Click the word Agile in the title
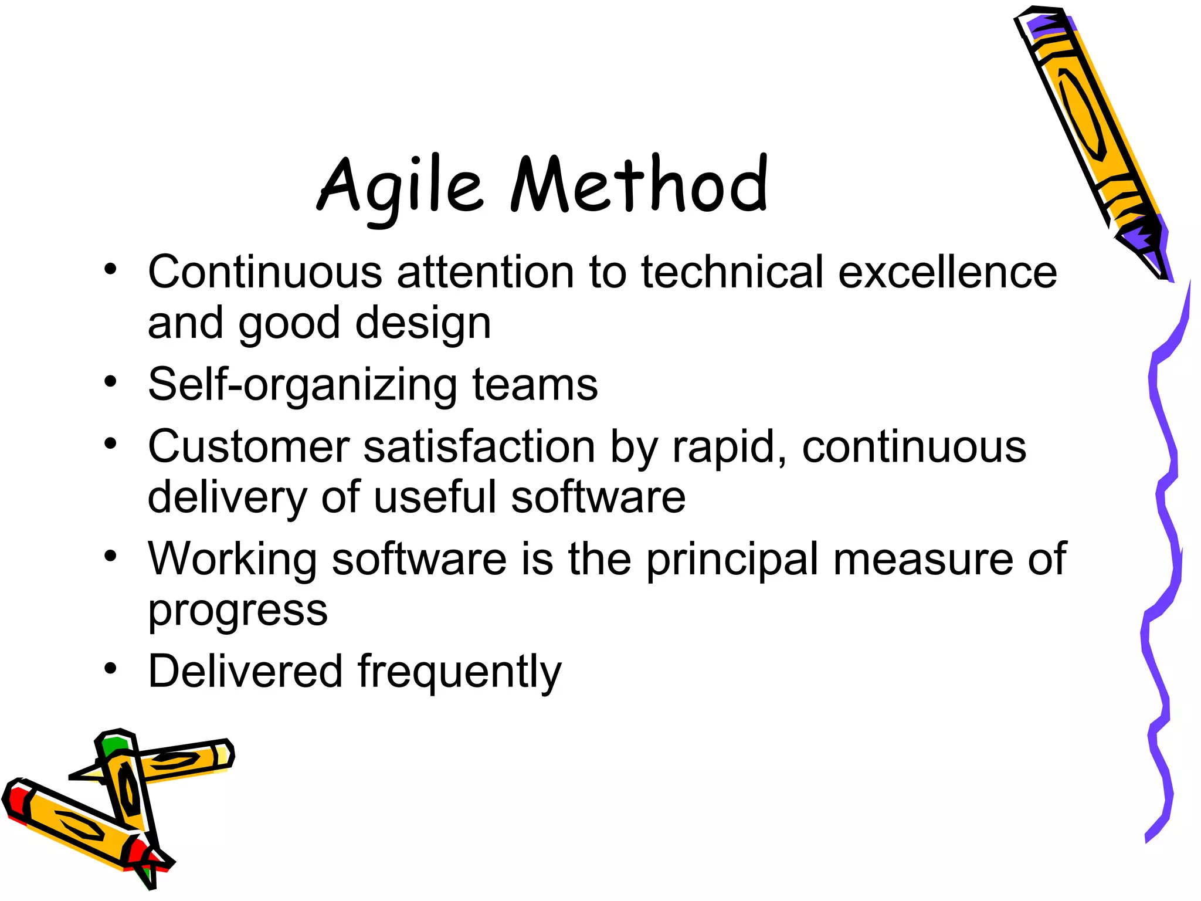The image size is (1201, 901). tap(401, 187)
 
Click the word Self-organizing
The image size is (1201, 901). tap(302, 385)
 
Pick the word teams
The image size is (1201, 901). tap(535, 385)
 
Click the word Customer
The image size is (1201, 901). tap(249, 447)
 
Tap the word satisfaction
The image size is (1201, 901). tap(480, 447)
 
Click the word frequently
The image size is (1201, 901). tap(459, 672)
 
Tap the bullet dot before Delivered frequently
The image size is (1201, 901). tap(111, 668)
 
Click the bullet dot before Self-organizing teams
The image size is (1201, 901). tap(111, 382)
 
